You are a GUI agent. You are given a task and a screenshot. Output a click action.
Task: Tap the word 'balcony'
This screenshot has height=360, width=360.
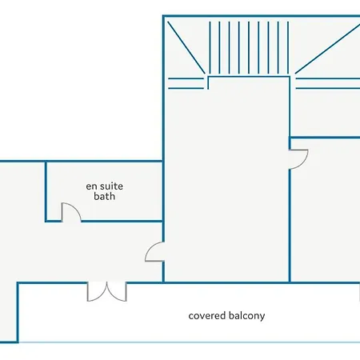coord(246,316)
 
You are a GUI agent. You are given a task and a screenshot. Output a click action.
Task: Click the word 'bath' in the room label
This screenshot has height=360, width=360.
coord(104,196)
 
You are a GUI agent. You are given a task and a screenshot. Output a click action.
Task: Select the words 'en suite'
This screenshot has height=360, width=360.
coord(104,186)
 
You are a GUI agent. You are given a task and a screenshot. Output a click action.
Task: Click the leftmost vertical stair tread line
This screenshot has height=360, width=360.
coord(210,48)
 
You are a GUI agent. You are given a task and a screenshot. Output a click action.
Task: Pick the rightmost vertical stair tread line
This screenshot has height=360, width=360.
coord(288,48)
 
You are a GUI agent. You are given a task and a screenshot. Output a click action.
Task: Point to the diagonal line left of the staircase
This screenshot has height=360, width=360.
coord(186,47)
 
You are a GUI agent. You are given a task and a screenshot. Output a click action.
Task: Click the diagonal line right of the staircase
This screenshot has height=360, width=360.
coord(327,49)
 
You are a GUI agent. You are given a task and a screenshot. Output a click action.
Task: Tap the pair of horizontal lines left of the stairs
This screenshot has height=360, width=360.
coord(186,83)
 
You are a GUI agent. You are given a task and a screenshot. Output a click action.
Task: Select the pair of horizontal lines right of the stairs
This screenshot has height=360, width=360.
coord(328,83)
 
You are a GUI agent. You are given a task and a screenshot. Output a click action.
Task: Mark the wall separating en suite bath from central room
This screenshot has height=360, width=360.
coord(163,191)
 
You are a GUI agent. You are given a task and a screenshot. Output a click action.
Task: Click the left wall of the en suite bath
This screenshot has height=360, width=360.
coord(46,191)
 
